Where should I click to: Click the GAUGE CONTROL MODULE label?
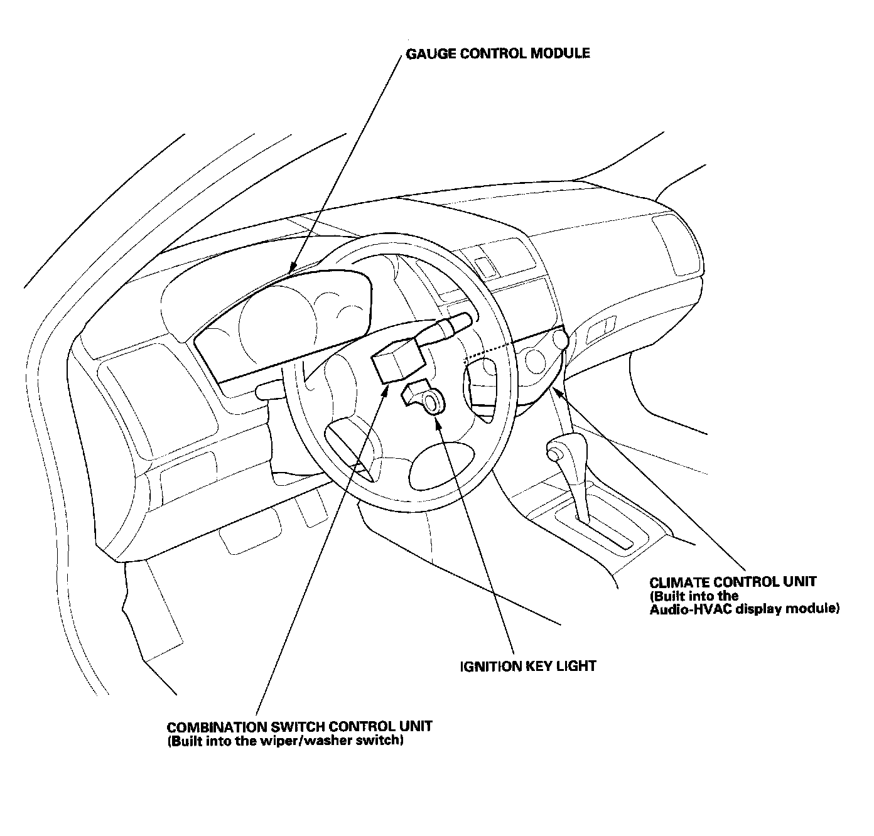tap(498, 53)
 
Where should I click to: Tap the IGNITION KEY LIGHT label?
tap(527, 666)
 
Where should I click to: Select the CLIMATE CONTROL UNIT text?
tap(733, 582)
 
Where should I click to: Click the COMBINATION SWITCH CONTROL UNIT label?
tap(299, 727)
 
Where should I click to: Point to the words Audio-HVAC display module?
tap(744, 609)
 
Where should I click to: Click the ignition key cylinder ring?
tap(433, 402)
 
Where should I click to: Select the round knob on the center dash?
tap(561, 340)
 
